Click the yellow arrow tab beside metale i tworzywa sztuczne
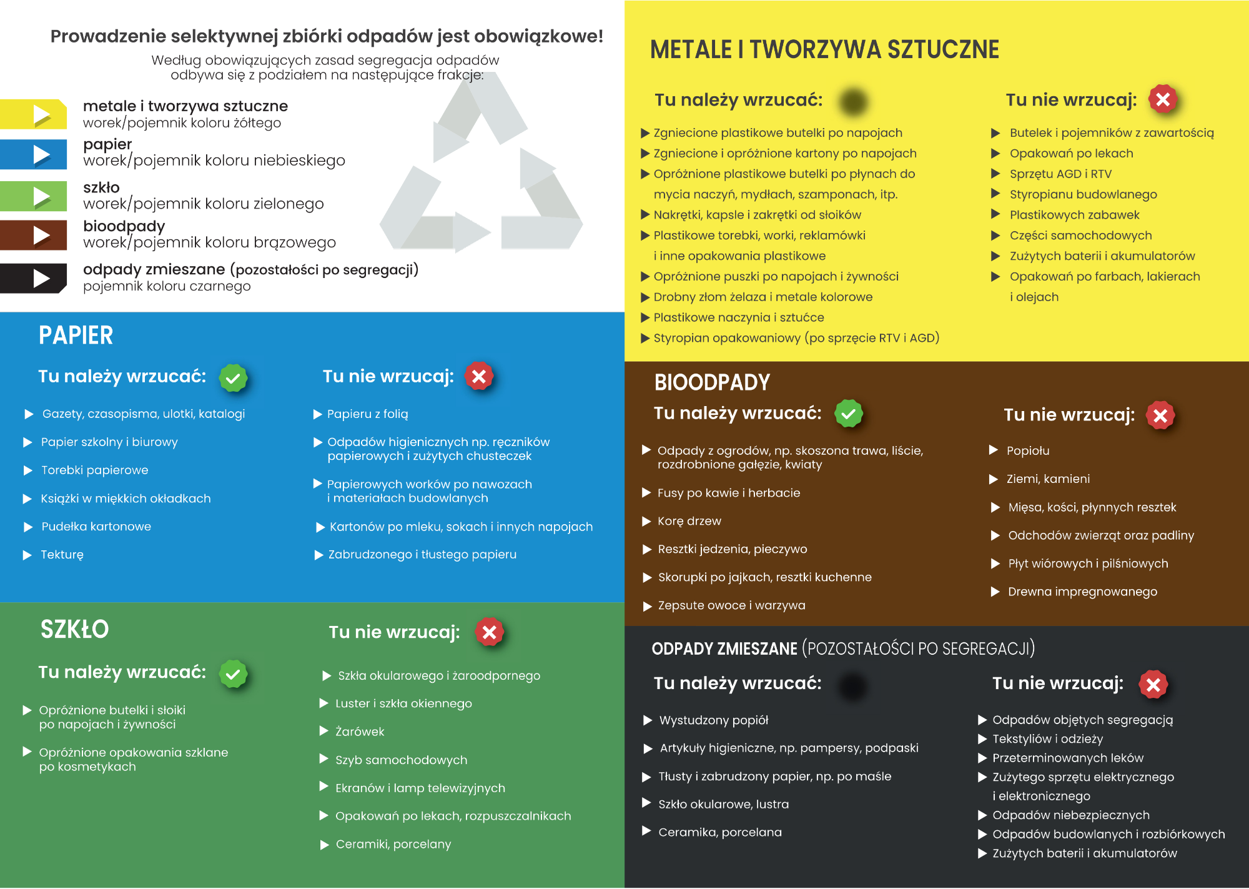[x=34, y=114]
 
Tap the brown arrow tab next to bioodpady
[x=34, y=236]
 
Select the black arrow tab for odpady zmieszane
[x=34, y=278]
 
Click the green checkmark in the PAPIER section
[x=233, y=378]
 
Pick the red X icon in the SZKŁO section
[x=490, y=632]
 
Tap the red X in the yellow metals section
[x=1162, y=99]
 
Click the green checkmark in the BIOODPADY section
[x=849, y=414]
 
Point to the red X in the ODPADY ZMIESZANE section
[x=1153, y=684]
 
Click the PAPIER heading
[x=76, y=335]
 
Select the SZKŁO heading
[x=74, y=629]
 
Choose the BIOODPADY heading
[x=712, y=382]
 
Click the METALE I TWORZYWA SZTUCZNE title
[x=824, y=49]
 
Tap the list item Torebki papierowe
[x=94, y=470]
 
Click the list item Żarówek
[x=360, y=732]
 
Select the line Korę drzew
[x=689, y=521]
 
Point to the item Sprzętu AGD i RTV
[x=1060, y=174]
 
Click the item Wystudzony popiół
[x=713, y=720]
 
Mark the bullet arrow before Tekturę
[x=27, y=555]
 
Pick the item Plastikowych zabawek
[x=1074, y=215]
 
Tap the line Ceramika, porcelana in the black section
[x=719, y=832]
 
